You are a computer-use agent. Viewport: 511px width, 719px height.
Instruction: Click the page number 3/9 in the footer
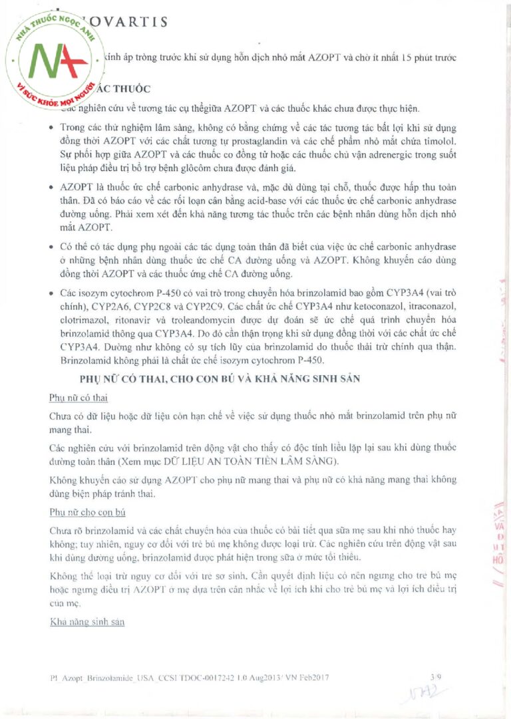tap(436, 676)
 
